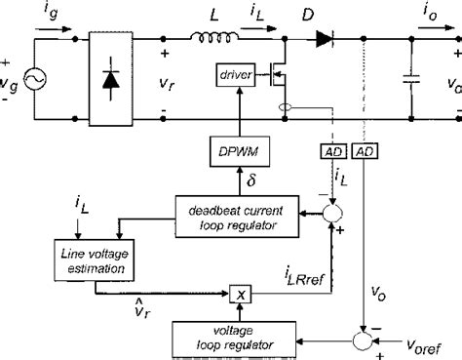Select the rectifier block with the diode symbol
(115, 80)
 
